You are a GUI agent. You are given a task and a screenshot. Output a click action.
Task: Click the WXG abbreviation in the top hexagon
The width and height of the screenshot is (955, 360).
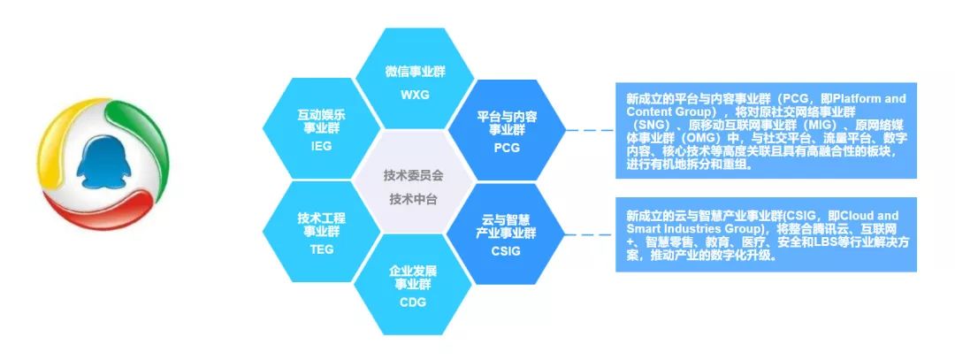tap(415, 95)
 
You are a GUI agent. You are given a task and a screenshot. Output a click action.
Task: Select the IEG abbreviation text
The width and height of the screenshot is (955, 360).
tap(321, 146)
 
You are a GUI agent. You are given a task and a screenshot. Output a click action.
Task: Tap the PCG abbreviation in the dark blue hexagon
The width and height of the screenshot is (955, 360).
tap(507, 148)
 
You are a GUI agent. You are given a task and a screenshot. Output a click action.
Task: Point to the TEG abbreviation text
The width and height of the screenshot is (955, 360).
tap(322, 249)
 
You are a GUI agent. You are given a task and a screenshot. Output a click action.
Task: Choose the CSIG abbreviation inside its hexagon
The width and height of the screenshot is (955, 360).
tap(506, 251)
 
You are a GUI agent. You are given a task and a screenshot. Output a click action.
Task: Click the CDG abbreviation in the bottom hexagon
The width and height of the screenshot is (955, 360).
tap(413, 303)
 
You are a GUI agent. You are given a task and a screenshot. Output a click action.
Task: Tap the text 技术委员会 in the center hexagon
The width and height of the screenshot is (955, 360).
tap(414, 175)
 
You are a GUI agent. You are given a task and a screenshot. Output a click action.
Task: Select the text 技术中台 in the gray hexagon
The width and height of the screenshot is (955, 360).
tap(414, 199)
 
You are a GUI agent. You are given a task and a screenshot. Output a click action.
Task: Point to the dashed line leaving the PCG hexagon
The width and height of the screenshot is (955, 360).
tap(590, 130)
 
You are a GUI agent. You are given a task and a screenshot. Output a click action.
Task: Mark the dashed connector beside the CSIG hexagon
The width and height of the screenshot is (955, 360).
tap(590, 234)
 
